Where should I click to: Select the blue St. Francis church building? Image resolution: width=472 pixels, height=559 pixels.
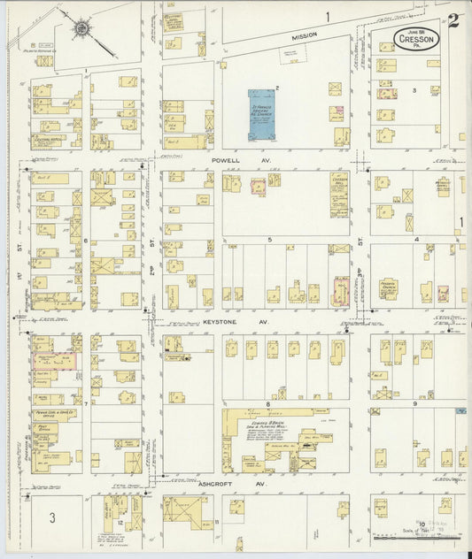tap(262, 113)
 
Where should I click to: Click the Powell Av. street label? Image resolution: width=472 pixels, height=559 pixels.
tap(232, 160)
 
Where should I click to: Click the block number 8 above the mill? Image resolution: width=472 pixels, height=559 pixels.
tap(267, 404)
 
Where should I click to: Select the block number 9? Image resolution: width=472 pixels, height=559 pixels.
tap(414, 403)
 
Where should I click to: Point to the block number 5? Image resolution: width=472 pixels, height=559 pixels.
tap(268, 240)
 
